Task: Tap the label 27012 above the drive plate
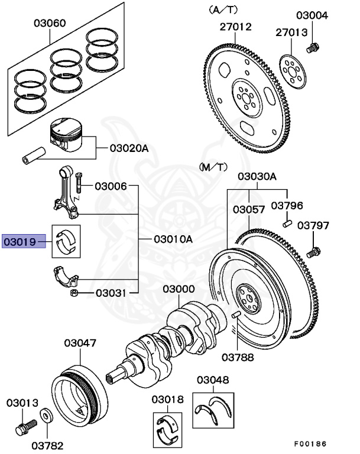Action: click(236, 27)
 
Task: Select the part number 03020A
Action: click(129, 148)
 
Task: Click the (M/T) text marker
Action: click(213, 167)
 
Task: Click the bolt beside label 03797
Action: click(313, 252)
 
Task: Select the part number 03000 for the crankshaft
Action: click(179, 289)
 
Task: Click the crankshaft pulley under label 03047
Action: click(77, 391)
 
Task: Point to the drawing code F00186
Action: click(310, 443)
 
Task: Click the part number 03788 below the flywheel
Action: click(238, 356)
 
